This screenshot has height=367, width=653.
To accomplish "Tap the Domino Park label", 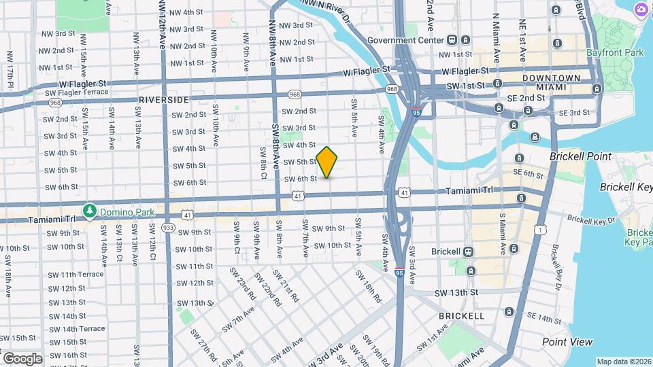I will pos(124,211).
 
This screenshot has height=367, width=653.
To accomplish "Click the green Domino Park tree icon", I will pos(89,211).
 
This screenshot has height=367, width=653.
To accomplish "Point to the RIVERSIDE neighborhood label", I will pos(164,99).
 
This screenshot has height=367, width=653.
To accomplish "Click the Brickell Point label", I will pos(580,156).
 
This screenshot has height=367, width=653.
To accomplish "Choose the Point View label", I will pos(567,342).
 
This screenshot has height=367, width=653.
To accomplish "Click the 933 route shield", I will pos(168,226).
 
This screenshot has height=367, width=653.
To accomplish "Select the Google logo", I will pos(22,358).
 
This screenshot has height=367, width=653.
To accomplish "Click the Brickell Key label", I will pos(626,187).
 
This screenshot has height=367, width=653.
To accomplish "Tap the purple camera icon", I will pos(640,10).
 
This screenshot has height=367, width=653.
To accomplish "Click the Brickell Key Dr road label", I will pos(591,220).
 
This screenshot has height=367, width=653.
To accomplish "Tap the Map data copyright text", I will pos(623,361).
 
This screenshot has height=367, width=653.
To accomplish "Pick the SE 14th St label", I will pos(543,317).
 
